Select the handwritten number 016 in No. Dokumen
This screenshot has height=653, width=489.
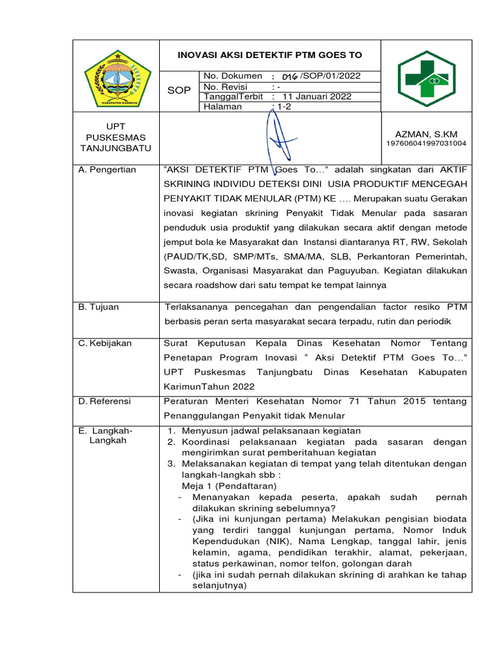coord(290,77)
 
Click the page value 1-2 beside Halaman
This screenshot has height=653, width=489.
coord(281,107)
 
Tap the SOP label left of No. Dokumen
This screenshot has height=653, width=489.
coord(178,91)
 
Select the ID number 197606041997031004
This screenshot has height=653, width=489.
coord(426,143)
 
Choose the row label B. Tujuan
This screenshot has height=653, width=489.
coord(99,307)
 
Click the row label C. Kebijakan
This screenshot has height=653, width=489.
coord(105,343)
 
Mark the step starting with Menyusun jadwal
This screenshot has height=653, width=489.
coord(271,430)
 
